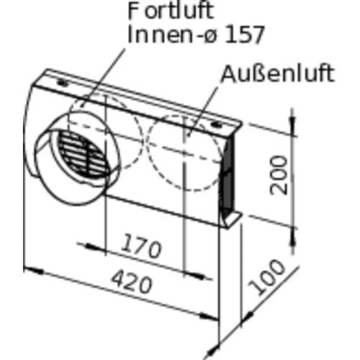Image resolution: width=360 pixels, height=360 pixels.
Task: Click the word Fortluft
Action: (x=171, y=11)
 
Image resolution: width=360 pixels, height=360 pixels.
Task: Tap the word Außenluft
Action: (x=277, y=73)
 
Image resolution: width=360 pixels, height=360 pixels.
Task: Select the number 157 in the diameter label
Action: (x=243, y=35)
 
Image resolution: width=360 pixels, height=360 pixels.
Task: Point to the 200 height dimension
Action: (x=279, y=175)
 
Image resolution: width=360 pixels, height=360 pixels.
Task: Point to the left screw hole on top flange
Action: (x=63, y=83)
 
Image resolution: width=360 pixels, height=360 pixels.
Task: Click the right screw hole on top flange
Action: (x=217, y=125)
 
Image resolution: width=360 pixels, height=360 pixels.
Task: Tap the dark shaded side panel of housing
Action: (x=228, y=174)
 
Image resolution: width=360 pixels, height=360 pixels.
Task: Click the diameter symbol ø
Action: (x=210, y=37)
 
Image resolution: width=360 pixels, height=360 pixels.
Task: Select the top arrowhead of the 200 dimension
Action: (x=292, y=123)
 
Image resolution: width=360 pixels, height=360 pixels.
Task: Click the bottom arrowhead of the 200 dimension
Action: (x=292, y=239)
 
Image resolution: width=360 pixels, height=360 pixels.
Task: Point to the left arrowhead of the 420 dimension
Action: (x=34, y=271)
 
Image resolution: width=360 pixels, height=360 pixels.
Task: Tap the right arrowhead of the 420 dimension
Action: (x=208, y=317)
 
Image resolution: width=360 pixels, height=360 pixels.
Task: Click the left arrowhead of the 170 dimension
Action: (x=96, y=246)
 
